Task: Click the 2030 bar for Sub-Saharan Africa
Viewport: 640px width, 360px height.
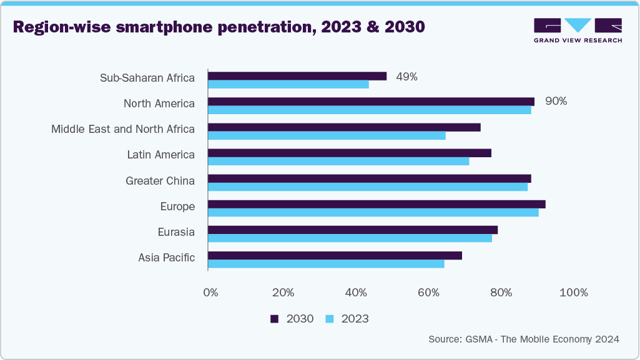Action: pyautogui.click(x=297, y=76)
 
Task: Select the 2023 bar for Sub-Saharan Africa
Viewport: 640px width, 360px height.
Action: pyautogui.click(x=288, y=84)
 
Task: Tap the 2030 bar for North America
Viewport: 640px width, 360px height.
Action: pyautogui.click(x=371, y=102)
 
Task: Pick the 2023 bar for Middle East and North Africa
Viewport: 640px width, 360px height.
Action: pyautogui.click(x=327, y=135)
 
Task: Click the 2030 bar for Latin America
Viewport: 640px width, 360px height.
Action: pyautogui.click(x=350, y=153)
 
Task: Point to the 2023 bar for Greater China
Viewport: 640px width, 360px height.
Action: pyautogui.click(x=368, y=187)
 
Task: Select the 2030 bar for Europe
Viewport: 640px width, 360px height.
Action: pyautogui.click(x=377, y=204)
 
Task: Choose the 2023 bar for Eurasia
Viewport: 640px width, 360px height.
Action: pyautogui.click(x=350, y=238)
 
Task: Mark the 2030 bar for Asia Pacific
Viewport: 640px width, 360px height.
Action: pyautogui.click(x=335, y=255)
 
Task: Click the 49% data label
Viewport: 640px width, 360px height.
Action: pyautogui.click(x=407, y=77)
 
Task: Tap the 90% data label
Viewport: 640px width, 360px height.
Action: pyautogui.click(x=556, y=101)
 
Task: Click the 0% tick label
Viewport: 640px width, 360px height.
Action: pyautogui.click(x=211, y=293)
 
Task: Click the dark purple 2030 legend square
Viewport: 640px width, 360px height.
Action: pyautogui.click(x=274, y=319)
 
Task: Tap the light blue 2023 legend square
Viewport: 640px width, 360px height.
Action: pyautogui.click(x=330, y=319)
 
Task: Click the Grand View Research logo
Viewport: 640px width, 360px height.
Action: pyautogui.click(x=578, y=30)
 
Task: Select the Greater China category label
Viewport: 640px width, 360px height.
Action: pyautogui.click(x=160, y=181)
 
